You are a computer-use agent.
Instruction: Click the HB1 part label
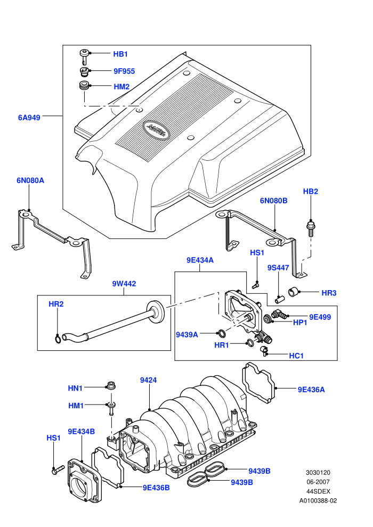120,54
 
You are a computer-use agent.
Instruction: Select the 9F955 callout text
124,71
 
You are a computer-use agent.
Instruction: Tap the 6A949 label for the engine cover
29,118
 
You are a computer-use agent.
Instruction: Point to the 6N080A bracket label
30,180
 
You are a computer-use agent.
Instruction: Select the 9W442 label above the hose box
124,284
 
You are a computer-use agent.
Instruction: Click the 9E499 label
320,317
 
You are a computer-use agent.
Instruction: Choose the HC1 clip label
296,356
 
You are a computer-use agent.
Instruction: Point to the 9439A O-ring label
187,335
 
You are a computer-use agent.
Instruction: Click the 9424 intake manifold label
148,380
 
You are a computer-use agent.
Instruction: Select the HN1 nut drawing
110,386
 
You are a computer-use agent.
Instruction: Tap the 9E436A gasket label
311,390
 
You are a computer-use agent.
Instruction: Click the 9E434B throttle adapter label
82,432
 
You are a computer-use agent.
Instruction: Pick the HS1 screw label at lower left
53,438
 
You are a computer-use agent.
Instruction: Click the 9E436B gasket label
156,488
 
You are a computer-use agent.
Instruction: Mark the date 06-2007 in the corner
318,482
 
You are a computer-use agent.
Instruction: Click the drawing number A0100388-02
318,501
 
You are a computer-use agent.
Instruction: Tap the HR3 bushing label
329,293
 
